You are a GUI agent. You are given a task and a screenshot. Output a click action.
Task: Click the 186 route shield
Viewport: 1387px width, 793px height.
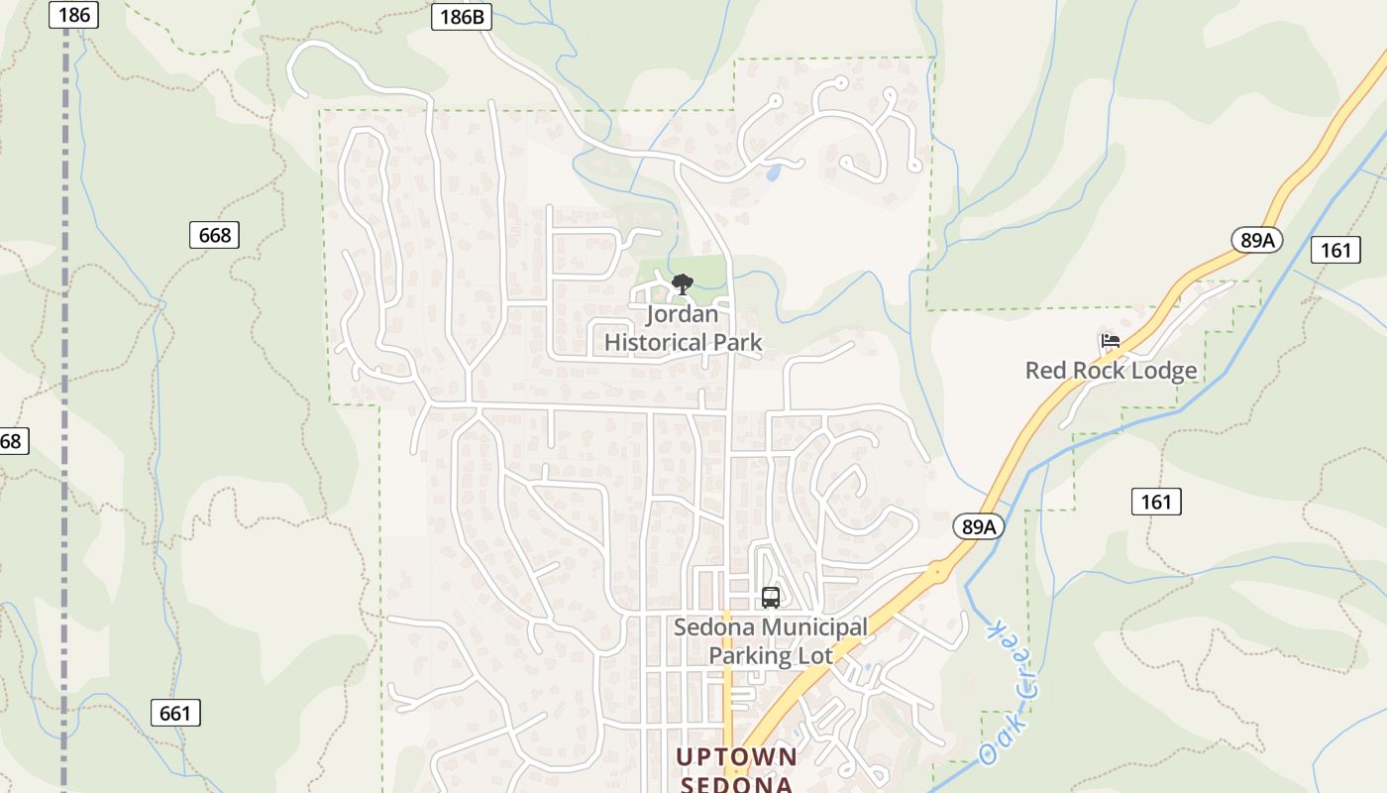pos(73,14)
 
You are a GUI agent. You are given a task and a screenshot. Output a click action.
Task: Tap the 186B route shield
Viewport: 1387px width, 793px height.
pos(462,17)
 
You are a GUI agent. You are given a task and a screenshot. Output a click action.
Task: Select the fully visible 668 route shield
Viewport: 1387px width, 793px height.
pos(214,235)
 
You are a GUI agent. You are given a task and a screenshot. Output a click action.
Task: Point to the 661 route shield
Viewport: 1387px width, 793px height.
pos(175,712)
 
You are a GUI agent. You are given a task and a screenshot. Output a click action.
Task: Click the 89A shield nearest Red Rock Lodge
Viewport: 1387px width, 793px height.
pos(1257,240)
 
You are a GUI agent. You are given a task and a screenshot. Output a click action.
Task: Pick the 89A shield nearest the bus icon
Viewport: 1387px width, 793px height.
pos(979,526)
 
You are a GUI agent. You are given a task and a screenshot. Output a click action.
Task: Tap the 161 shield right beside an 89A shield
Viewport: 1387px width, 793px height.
pos(1334,250)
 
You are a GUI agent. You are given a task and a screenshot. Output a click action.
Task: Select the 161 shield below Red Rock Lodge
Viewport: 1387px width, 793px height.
pos(1156,502)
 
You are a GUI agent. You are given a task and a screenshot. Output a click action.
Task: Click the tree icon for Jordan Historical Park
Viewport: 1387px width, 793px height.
pos(682,285)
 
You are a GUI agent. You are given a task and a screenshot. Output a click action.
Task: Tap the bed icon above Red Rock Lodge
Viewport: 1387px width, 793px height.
pos(1111,341)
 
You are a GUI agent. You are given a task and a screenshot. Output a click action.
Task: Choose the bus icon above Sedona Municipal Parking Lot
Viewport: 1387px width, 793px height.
pos(771,598)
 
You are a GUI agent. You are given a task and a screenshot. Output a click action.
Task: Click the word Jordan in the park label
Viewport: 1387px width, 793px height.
pos(682,315)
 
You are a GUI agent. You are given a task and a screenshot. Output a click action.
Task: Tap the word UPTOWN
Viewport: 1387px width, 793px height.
pos(736,757)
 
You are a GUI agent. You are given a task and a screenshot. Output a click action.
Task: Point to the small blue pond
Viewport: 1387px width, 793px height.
pos(773,172)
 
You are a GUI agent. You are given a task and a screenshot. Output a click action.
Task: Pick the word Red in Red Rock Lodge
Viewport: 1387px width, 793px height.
pos(1044,371)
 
